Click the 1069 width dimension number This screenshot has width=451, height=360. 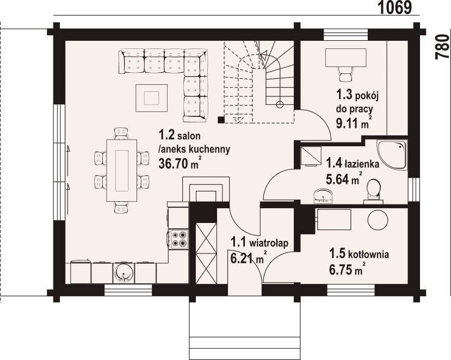tap(394, 8)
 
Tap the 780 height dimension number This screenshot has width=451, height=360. tap(442, 47)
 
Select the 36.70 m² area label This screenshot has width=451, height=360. tap(179, 163)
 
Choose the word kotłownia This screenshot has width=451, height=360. tap(369, 255)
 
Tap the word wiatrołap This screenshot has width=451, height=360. tap(269, 243)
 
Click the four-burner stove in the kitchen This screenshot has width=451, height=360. tap(178, 239)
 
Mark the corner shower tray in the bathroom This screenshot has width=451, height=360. tap(392, 154)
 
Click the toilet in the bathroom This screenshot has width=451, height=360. tap(373, 192)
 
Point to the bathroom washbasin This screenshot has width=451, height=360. tap(324, 196)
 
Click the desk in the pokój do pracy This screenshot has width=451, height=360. tap(345, 58)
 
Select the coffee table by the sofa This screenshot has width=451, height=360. tap(152, 98)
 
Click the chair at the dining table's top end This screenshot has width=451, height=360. tap(121, 133)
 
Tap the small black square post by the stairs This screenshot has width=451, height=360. tap(221, 120)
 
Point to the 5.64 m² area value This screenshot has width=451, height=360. tap(343, 179)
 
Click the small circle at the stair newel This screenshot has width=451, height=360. tap(280, 104)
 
